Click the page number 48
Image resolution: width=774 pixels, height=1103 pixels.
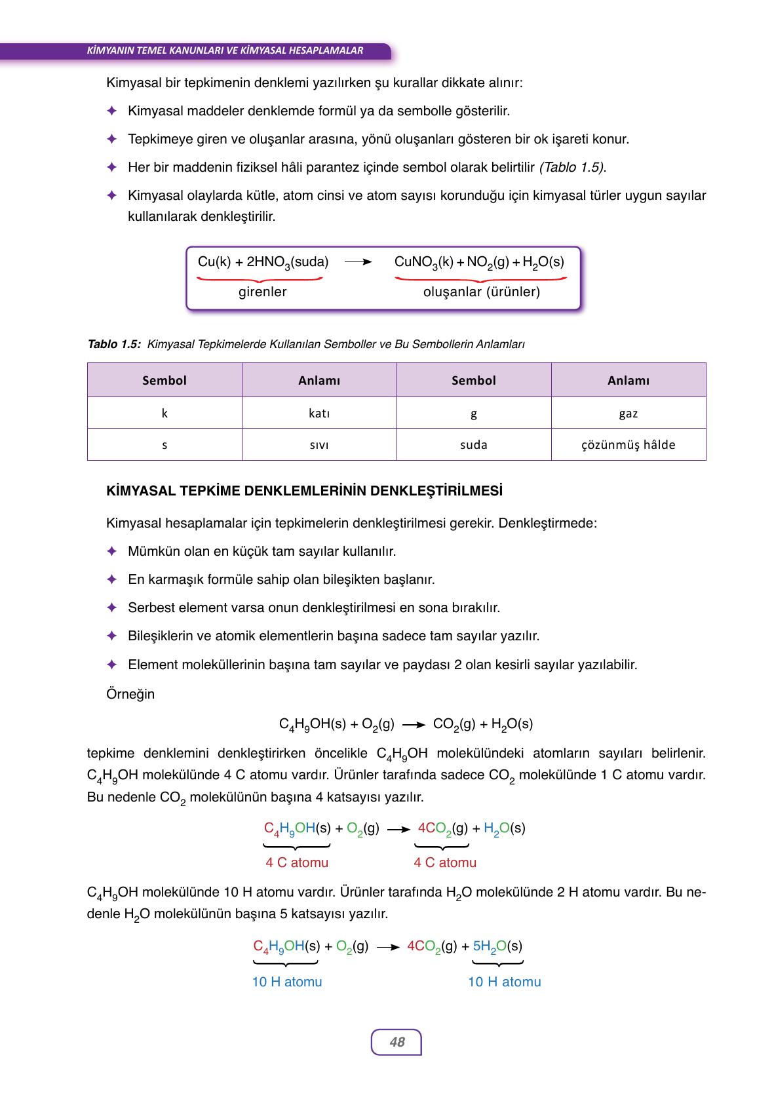[x=397, y=1041]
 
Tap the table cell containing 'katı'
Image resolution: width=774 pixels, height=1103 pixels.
[x=319, y=413]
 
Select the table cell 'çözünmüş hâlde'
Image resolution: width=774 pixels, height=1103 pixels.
[x=628, y=444]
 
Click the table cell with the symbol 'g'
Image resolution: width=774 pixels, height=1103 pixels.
[x=474, y=413]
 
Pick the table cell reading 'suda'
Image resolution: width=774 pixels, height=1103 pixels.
[x=474, y=444]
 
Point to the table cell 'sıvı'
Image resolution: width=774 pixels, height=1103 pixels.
[x=319, y=444]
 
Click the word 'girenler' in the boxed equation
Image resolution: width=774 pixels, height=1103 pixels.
[x=262, y=292]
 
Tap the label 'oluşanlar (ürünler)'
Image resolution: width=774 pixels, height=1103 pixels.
[x=482, y=292]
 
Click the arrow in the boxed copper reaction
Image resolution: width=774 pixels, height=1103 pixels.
[x=358, y=262]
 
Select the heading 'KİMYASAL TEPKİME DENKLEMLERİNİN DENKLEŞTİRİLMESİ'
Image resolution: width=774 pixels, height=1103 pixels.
[x=305, y=491]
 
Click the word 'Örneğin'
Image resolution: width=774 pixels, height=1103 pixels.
[x=130, y=694]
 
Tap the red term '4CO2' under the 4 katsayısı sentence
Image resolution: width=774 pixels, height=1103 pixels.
[x=435, y=828]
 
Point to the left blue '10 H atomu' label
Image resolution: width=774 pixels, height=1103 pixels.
[x=287, y=982]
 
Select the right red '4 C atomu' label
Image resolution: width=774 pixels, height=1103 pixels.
[x=445, y=862]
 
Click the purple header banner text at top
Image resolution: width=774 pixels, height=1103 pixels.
[x=225, y=50]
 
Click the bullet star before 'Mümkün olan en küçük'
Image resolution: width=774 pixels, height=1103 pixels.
[x=112, y=551]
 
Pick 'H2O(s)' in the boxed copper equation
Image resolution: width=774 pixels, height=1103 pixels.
[x=543, y=262]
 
